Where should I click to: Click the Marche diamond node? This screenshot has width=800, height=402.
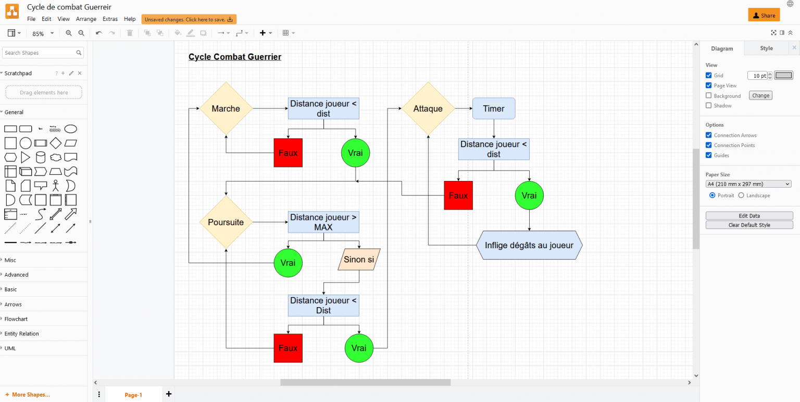coord(226,108)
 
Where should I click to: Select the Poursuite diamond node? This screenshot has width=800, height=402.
coord(226,222)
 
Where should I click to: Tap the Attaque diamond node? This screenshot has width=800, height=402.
coord(428,108)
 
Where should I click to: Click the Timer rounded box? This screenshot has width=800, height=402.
coord(493,108)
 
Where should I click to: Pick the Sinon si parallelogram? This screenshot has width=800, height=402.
coord(359,259)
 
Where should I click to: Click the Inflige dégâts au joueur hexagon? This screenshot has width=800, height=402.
coord(529,245)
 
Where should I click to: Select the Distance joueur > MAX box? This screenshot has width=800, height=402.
coord(323,222)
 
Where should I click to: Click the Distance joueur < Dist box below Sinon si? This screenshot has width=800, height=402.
coord(323,305)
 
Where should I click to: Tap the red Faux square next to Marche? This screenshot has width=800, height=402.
coord(288,153)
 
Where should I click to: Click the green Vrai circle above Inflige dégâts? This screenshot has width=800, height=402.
coord(529,196)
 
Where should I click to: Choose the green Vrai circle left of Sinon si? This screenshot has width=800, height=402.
coord(288,263)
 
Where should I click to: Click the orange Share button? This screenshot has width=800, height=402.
coord(764,15)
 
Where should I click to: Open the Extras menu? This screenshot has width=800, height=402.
coord(110,19)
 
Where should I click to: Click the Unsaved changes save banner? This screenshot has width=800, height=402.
coord(189,19)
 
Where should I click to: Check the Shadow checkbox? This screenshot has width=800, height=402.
coord(708,105)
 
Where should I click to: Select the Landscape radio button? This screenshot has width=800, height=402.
coord(741,196)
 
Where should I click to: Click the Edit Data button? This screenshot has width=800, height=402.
coord(749,215)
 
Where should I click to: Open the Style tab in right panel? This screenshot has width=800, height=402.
coord(766,48)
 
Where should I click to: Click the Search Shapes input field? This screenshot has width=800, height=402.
coord(39,53)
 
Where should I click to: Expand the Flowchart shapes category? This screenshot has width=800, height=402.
coord(16,319)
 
